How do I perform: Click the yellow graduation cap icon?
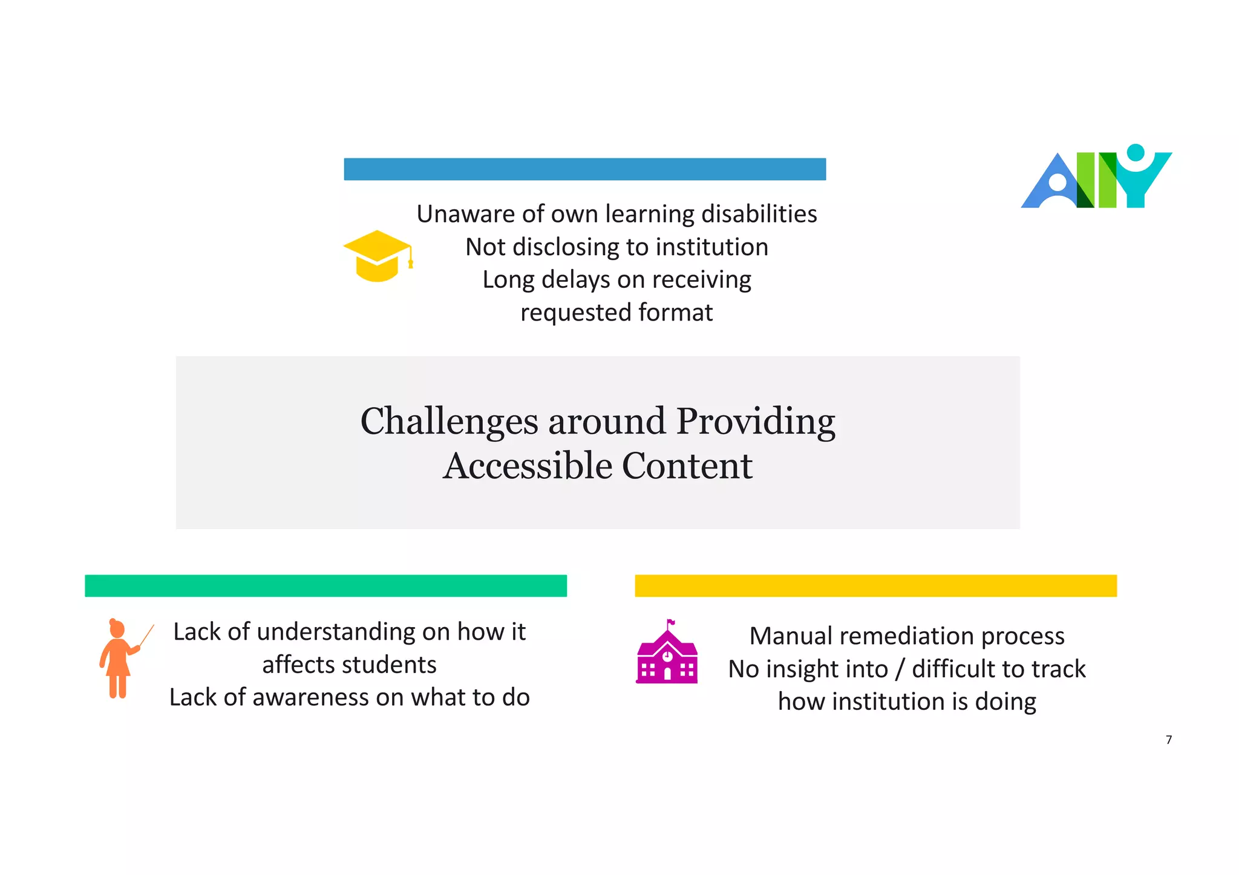pos(378,256)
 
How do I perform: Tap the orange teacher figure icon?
pos(119,659)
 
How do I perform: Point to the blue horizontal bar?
pos(584,169)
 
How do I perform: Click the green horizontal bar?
pos(325,585)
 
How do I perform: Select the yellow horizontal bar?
pos(875,585)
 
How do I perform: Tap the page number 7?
pos(1169,740)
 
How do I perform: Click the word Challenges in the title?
pos(449,421)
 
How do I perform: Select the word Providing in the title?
pos(756,421)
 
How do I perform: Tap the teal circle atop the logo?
pos(1136,152)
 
